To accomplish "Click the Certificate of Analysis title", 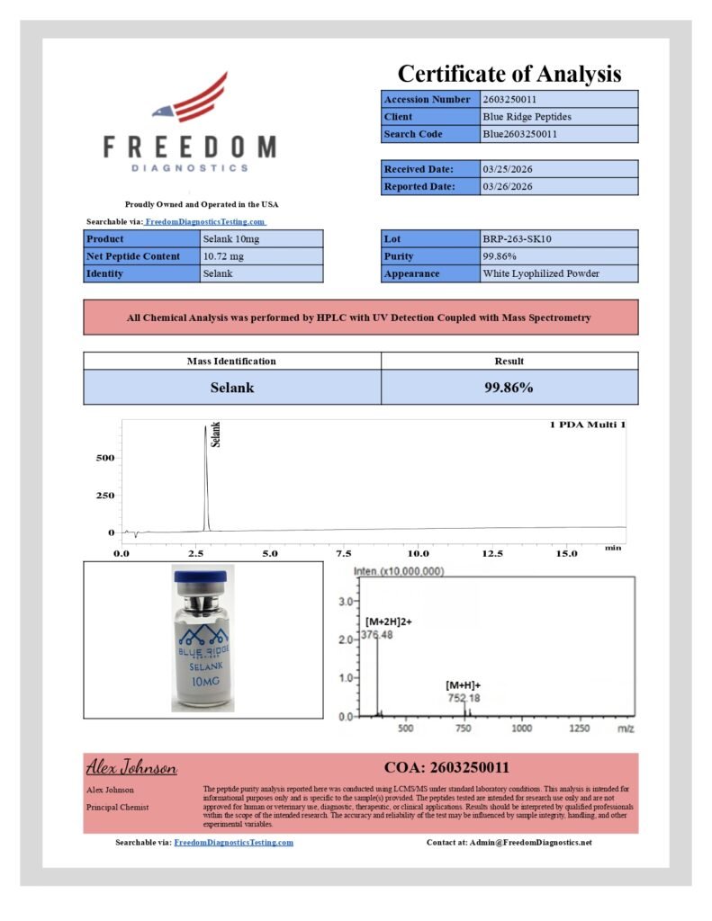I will (509, 74).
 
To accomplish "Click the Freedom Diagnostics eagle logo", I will (190, 98).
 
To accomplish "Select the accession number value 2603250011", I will (510, 99).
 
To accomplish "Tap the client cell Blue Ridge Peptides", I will (527, 117).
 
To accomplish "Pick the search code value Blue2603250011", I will (519, 134).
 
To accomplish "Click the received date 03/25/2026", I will (508, 169).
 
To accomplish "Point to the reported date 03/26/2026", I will (508, 187).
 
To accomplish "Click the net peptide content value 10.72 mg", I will (224, 256).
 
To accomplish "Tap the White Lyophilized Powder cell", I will (541, 273).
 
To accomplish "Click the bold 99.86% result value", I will (509, 388).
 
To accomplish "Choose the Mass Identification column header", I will (231, 361).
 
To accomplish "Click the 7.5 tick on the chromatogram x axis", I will (343, 554).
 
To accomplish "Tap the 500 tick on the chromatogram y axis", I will (105, 458).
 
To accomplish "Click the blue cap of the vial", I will (203, 577).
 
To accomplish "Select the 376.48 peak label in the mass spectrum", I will (380, 636).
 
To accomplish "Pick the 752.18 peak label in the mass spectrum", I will (464, 697).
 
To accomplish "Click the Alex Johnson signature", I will (131, 768).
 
